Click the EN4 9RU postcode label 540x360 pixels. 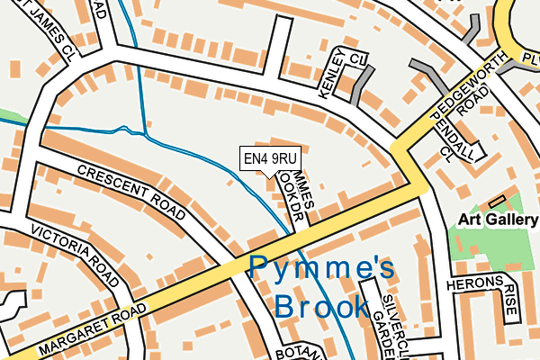(270, 159)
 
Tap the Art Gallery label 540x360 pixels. (498, 219)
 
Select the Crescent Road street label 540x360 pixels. (130, 191)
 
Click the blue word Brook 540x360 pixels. (321, 307)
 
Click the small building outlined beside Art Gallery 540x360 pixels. (496, 199)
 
